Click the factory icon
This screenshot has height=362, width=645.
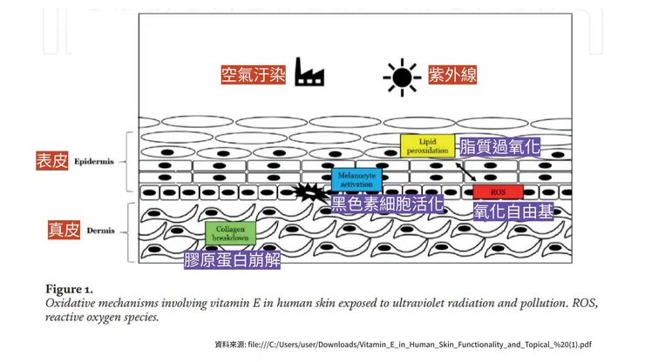[x=309, y=72]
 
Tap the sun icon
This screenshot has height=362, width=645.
[x=401, y=77]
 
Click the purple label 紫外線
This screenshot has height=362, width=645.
[x=452, y=75]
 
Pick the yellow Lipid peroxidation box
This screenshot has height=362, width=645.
[x=427, y=145]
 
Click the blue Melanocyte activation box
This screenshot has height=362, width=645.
[x=356, y=179]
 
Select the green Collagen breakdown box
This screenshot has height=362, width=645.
[x=230, y=232]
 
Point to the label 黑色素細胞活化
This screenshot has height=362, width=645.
[x=387, y=205]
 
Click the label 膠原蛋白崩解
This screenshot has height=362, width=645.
[x=232, y=258]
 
